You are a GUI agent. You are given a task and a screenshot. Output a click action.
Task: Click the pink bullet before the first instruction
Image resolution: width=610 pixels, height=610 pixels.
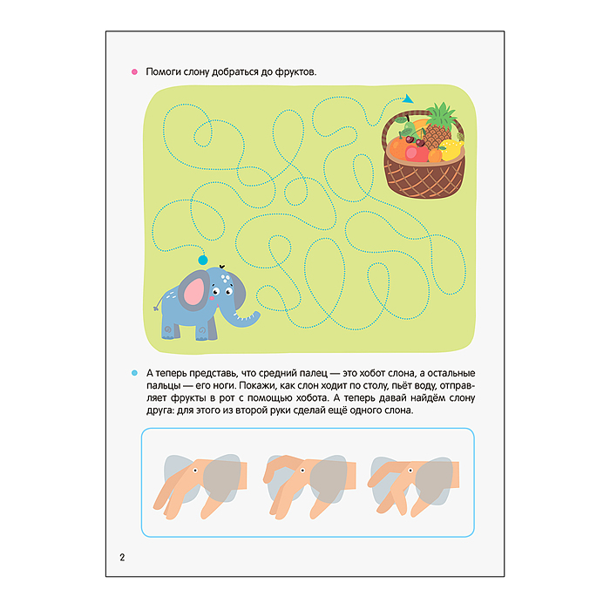[134, 72]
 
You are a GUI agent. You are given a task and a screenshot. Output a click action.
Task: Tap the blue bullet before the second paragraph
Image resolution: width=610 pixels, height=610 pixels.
[134, 373]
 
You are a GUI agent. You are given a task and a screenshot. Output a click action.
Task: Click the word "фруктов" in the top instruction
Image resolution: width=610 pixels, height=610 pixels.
[295, 72]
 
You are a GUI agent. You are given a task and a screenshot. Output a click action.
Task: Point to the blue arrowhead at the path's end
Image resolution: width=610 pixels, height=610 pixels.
[408, 99]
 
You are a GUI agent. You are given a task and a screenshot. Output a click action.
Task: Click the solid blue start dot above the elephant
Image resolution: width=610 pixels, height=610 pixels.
[203, 260]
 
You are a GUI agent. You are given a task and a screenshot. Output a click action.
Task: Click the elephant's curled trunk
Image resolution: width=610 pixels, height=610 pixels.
[244, 319]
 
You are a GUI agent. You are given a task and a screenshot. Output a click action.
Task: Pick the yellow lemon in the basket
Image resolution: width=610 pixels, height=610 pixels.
[452, 150]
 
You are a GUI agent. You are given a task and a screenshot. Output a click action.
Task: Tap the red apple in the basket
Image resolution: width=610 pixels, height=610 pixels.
[417, 152]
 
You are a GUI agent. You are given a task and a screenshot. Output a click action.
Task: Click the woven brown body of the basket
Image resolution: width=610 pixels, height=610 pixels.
[424, 177]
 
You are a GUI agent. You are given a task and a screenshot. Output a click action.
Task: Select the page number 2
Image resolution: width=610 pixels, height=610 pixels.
[122, 558]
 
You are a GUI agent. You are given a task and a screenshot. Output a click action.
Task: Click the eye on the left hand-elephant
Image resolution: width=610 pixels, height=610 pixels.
[195, 471]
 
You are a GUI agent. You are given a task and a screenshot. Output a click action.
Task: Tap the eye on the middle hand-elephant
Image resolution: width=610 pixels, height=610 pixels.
[302, 471]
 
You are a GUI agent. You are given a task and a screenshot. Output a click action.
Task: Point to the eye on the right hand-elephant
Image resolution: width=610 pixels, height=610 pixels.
[410, 471]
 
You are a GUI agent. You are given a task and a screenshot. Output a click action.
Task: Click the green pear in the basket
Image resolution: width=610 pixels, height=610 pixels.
[407, 127]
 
